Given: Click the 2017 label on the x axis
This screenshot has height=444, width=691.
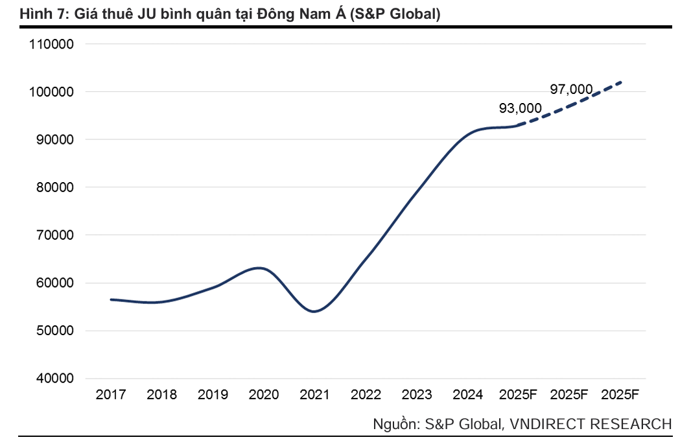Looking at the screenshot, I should pos(111,394).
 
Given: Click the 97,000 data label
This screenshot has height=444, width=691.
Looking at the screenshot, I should pos(571,89).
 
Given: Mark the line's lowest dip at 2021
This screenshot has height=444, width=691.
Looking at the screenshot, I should pos(314,312).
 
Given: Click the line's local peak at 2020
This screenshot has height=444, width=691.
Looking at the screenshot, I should pos(260,268).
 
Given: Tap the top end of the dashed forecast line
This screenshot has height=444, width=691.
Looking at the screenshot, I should pos(620,82).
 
